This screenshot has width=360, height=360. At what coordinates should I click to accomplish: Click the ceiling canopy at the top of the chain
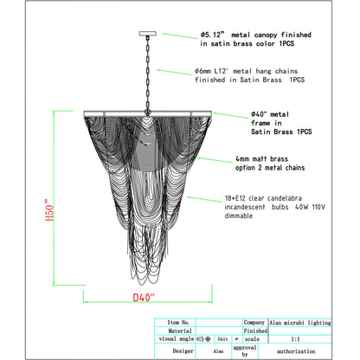point(148,34)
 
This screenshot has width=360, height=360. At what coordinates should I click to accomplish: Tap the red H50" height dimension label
point(49,209)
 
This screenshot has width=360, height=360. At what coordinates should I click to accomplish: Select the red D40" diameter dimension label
point(144,297)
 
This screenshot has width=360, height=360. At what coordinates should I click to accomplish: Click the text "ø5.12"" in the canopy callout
point(212,35)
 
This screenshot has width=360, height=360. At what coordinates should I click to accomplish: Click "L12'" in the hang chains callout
point(222,71)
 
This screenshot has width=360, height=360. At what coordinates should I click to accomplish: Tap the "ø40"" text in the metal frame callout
point(259,114)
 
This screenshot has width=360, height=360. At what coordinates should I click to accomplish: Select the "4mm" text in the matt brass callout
point(242,159)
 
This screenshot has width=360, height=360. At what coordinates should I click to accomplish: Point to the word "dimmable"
point(239,215)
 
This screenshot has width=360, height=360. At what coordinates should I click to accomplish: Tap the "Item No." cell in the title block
point(178,323)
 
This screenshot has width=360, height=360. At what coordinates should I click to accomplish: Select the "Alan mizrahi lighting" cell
point(300,323)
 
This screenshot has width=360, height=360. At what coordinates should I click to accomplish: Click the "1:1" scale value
point(296,339)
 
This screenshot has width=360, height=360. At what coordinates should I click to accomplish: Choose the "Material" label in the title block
point(180,331)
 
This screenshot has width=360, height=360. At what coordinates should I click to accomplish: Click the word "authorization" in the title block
point(296,351)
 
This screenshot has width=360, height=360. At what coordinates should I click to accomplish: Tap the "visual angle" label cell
point(177,339)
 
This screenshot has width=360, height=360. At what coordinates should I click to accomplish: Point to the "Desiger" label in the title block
point(183,351)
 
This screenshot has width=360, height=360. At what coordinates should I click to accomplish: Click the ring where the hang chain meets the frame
point(148,112)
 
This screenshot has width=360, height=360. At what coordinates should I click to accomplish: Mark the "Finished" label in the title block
point(255,331)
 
